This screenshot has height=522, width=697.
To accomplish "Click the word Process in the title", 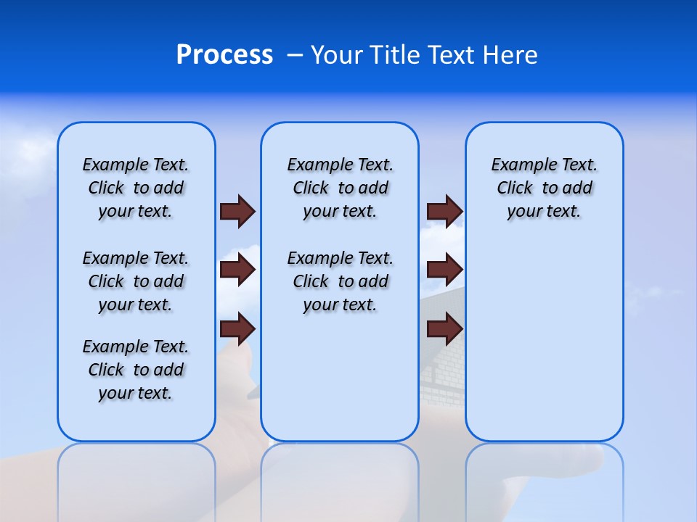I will click(224, 55).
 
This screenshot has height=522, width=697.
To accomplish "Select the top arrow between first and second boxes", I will click(237, 211).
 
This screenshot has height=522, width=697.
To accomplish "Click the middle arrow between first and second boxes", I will click(237, 270).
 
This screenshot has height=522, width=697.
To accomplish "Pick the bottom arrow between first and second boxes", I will click(237, 329).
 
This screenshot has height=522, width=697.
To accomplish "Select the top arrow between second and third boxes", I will click(444, 211).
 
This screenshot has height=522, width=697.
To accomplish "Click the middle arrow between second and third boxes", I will click(444, 270).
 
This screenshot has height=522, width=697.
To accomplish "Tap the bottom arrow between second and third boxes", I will click(444, 329).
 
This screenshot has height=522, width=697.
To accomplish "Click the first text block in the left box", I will click(136, 188).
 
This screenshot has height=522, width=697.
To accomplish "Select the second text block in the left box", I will click(136, 281).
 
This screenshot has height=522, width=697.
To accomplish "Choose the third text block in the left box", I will click(136, 370).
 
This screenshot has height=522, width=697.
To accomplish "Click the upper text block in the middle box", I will click(340, 188).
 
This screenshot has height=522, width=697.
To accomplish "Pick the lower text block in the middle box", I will click(340, 281).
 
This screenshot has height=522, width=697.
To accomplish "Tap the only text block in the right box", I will click(544, 188).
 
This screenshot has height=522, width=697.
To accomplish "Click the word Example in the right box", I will click(518, 165).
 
